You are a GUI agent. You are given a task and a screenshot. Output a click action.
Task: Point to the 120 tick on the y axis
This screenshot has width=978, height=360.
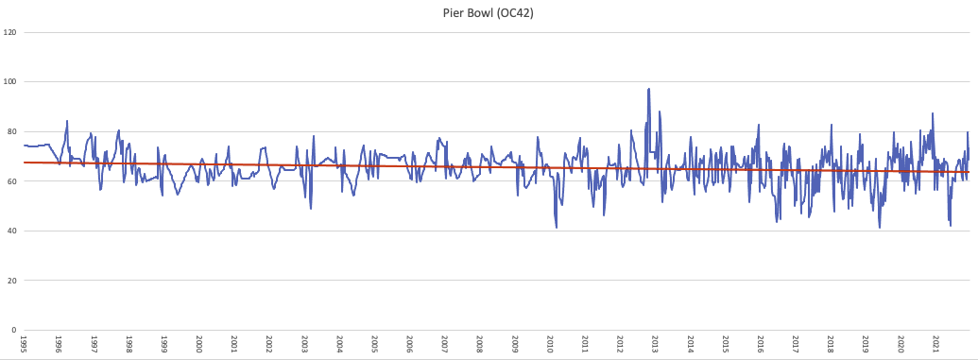click(x=10, y=33)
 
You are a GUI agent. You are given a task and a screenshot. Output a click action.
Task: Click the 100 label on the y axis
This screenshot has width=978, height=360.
click(x=10, y=82)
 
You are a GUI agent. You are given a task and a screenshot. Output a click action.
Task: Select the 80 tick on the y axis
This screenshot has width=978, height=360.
click(x=11, y=132)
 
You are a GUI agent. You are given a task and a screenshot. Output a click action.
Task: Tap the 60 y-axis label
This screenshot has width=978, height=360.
click(x=11, y=181)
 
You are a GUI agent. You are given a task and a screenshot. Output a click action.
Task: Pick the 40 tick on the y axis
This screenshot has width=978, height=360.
click(x=11, y=231)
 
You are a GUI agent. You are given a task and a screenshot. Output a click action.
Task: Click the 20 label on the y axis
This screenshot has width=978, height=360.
click(x=11, y=281)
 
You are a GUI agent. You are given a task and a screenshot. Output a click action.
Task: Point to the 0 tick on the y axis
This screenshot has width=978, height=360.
click(x=13, y=331)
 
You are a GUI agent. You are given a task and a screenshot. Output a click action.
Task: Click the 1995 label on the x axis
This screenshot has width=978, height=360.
click(x=24, y=344)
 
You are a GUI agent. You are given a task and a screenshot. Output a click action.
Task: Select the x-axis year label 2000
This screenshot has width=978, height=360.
click(x=199, y=344)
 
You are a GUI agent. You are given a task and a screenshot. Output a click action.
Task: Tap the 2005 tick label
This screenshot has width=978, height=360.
click(x=374, y=344)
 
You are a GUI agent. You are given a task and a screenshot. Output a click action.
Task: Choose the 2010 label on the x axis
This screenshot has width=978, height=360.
click(x=550, y=344)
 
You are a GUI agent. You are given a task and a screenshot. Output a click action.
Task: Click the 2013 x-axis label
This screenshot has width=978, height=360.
click(x=655, y=344)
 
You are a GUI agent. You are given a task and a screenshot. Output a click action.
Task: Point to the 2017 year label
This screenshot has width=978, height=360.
click(x=796, y=344)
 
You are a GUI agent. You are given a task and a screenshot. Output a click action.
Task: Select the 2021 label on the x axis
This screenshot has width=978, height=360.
click(x=935, y=344)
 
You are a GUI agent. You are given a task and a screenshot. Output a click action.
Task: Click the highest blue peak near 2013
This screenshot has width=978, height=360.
click(x=649, y=89)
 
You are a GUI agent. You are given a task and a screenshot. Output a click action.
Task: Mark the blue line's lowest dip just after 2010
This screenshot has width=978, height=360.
click(x=557, y=228)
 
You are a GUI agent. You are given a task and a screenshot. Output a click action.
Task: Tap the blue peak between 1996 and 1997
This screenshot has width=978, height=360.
click(x=67, y=121)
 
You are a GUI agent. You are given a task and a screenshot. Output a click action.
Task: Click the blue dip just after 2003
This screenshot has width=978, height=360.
click(x=311, y=208)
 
